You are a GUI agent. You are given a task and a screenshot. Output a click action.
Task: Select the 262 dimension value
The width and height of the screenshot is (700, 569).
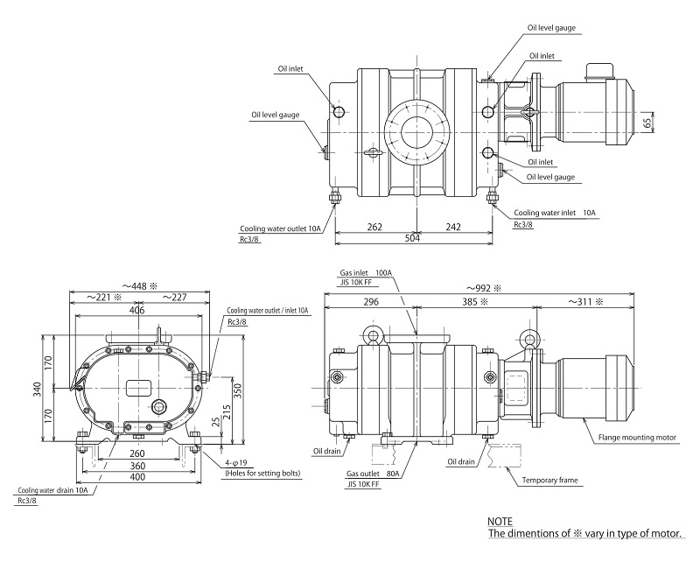pos(374,227)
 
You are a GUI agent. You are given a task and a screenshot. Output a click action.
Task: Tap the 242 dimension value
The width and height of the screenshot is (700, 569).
pos(453,227)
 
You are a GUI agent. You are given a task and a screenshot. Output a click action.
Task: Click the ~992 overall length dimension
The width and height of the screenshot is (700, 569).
pos(484,287)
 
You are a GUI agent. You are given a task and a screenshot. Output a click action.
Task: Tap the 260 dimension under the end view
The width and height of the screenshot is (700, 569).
pos(136,453)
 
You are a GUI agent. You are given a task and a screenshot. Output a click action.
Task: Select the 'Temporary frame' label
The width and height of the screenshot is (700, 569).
pos(551,481)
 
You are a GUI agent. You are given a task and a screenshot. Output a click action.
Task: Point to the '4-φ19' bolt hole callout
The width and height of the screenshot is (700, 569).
pos(238,462)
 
